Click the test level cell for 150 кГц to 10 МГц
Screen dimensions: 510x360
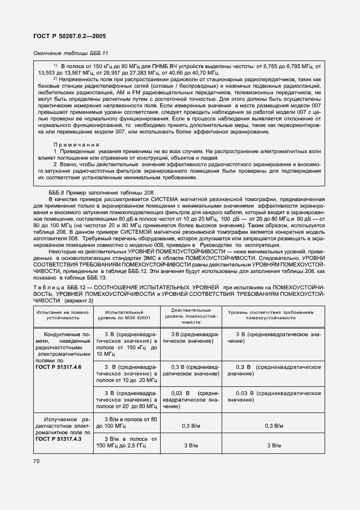pyautogui.click(x=127, y=343)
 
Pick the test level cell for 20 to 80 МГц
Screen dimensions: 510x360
pyautogui.click(x=127, y=399)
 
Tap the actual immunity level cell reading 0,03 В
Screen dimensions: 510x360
pyautogui.click(x=191, y=399)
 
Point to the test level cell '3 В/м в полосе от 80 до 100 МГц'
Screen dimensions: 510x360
pyautogui.click(x=127, y=423)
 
